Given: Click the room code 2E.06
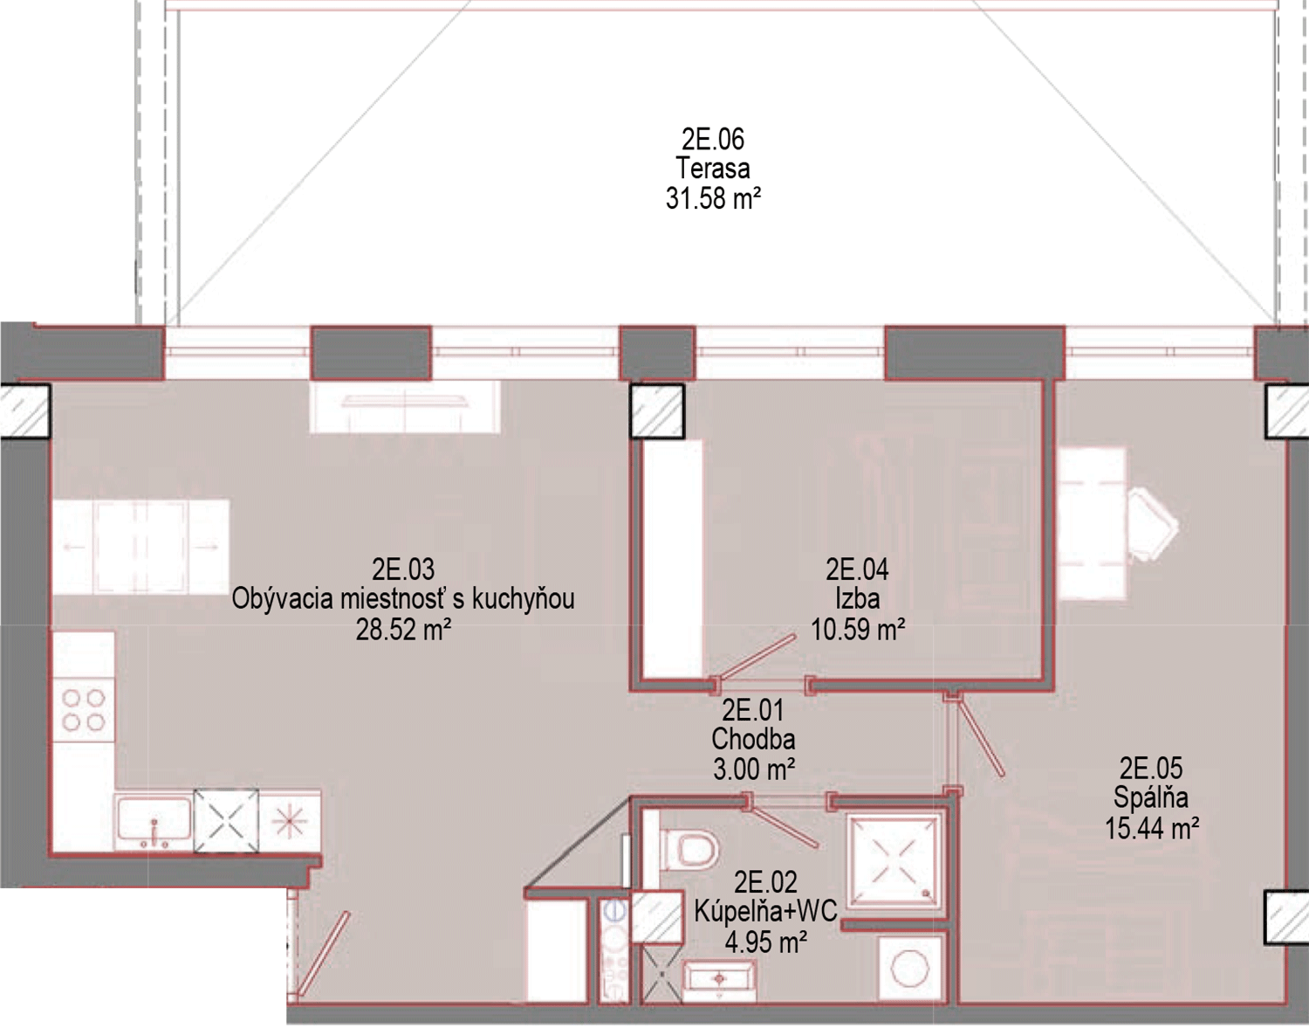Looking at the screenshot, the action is (713, 139).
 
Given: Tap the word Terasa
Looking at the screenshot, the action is (713, 169).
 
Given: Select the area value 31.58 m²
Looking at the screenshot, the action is (713, 198).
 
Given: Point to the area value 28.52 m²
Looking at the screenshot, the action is (403, 631).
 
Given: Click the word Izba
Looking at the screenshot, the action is (857, 600).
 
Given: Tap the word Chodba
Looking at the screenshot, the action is (753, 739).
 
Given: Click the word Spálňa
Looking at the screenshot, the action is (1150, 797).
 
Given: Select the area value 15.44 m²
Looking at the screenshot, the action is (1150, 829).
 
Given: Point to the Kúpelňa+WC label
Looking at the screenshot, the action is (765, 912).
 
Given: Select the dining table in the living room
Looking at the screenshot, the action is (141, 547).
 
